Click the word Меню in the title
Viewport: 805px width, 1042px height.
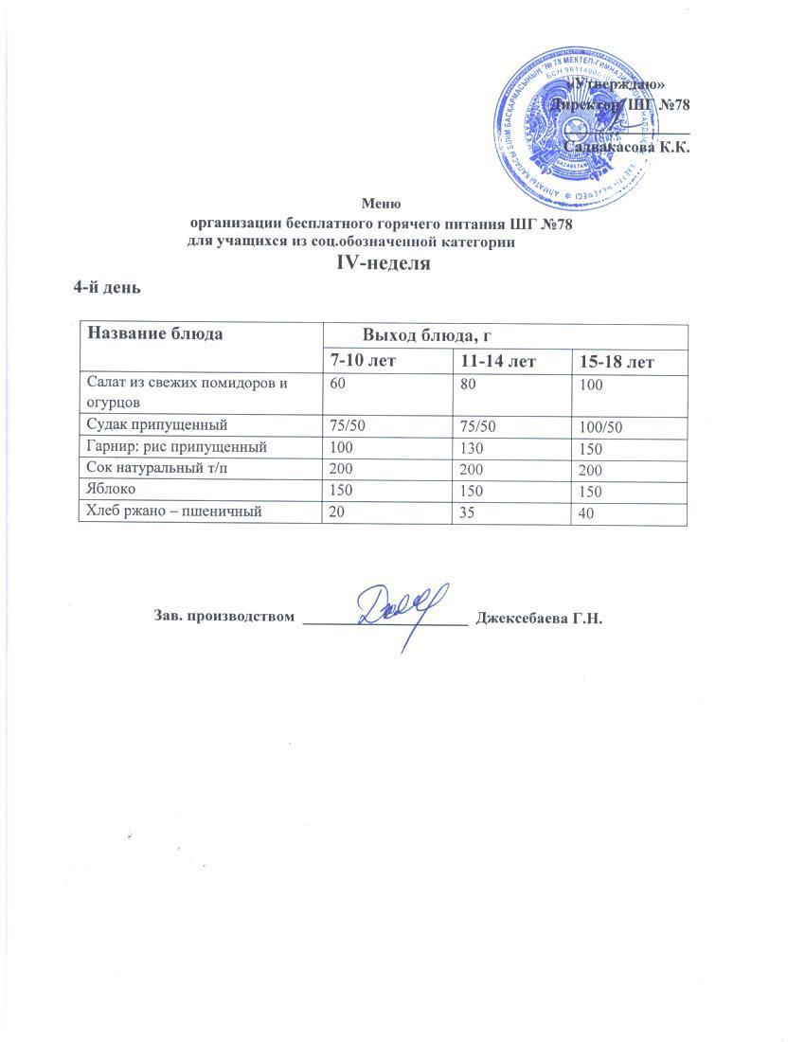click(x=382, y=202)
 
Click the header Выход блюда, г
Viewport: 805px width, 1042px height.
click(x=425, y=335)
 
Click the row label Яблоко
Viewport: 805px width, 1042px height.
click(x=109, y=491)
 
